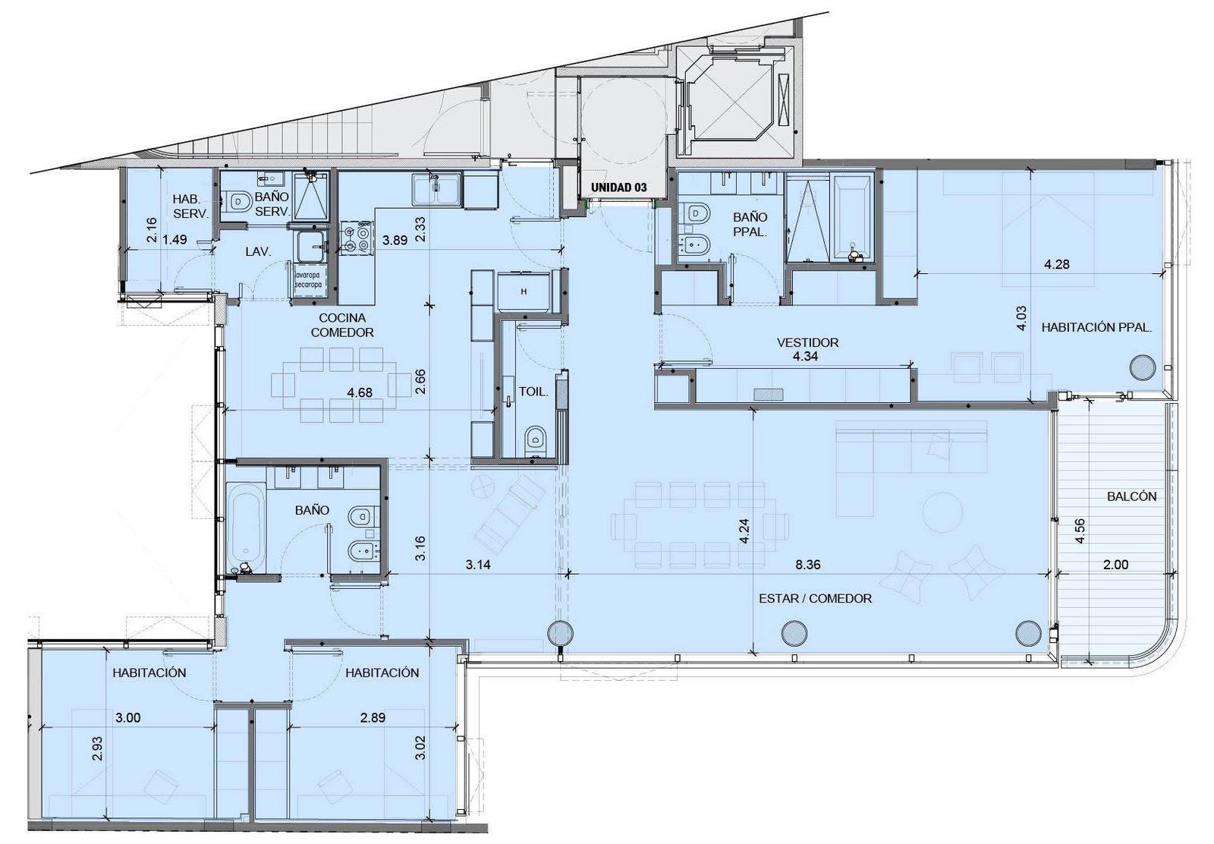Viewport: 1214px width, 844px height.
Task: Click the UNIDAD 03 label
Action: pyautogui.click(x=618, y=187)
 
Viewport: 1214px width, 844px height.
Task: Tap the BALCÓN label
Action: pyautogui.click(x=1131, y=496)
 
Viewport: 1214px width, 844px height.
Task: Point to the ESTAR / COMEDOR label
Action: pyautogui.click(x=815, y=598)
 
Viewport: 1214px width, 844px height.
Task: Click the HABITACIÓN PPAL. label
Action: pyautogui.click(x=1096, y=327)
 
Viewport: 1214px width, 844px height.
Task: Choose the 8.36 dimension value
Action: pyautogui.click(x=807, y=565)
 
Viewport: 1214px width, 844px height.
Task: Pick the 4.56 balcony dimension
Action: pyautogui.click(x=1080, y=531)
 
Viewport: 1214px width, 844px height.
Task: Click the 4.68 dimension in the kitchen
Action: pyautogui.click(x=360, y=392)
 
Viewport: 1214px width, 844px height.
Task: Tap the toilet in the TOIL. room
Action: pyautogui.click(x=536, y=437)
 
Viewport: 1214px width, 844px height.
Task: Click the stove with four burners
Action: pyautogui.click(x=357, y=238)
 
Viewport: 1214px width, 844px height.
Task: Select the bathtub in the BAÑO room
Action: pyautogui.click(x=247, y=527)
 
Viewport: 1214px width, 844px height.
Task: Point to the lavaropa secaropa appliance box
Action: pyautogui.click(x=308, y=280)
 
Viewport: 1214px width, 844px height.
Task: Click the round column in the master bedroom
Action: pyautogui.click(x=1142, y=368)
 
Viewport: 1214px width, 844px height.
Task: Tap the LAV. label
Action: pyautogui.click(x=258, y=251)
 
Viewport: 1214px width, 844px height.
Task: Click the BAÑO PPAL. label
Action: pyautogui.click(x=750, y=225)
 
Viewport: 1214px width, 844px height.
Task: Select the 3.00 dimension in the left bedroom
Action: pyautogui.click(x=128, y=718)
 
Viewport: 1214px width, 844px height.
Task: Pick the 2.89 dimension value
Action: pyautogui.click(x=373, y=718)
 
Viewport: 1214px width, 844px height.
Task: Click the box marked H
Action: pyautogui.click(x=524, y=291)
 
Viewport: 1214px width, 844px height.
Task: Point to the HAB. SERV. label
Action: pyautogui.click(x=190, y=206)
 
